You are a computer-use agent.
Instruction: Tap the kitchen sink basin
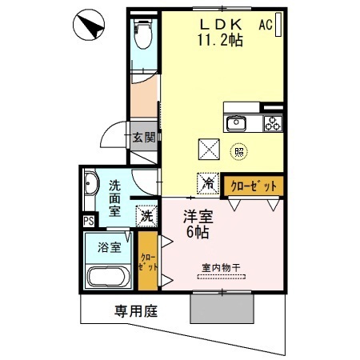click(x=237, y=123)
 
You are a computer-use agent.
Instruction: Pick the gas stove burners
click(x=274, y=123)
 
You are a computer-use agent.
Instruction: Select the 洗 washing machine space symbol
click(x=147, y=215)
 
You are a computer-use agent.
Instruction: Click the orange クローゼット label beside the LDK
click(x=254, y=185)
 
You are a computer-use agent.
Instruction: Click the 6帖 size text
click(x=198, y=233)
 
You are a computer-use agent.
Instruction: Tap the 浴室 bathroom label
click(x=110, y=246)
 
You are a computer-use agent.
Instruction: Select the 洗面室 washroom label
click(x=114, y=198)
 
